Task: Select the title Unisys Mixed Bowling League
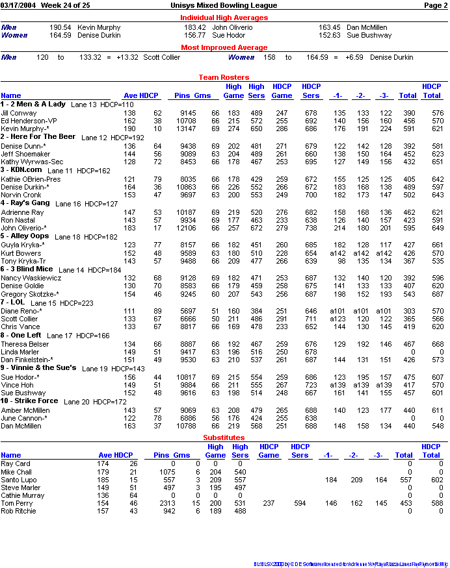coord(224,5)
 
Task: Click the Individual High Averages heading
coord(224,18)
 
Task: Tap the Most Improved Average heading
coord(224,47)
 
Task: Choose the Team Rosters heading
coord(224,77)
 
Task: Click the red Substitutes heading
coord(224,438)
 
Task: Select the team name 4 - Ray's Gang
coord(25,203)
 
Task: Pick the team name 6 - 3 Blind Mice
coord(27,269)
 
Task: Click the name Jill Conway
coord(19,113)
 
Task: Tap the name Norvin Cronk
coord(21,195)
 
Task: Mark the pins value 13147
coord(183,129)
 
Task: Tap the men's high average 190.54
coord(60,28)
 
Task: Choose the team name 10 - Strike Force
coord(29,401)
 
